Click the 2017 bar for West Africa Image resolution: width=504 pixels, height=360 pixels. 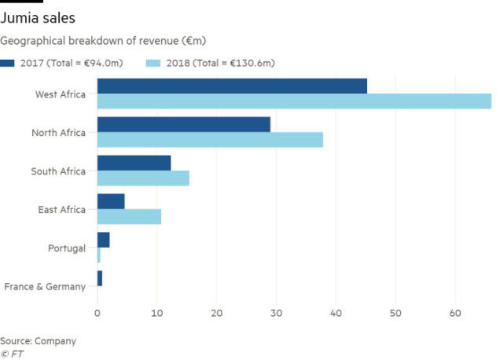pos(232,86)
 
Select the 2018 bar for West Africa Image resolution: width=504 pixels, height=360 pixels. pos(293,101)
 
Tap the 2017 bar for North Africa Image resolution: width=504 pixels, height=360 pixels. pos(183,124)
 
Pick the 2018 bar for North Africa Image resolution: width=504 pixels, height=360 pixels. pos(210,139)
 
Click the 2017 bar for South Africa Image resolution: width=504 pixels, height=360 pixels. pos(134,163)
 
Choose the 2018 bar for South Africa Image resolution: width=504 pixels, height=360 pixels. pos(143,178)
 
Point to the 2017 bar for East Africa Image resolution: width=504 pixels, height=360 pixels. pos(111,201)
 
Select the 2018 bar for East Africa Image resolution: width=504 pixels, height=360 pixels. pos(129,216)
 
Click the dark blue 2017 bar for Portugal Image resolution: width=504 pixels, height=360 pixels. pos(103,240)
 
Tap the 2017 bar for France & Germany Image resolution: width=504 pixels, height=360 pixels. pos(100,278)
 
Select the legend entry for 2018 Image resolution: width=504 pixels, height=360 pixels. pos(212,63)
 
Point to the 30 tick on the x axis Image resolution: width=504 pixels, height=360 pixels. pos(276,312)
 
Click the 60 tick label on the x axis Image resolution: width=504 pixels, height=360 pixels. pos(455,312)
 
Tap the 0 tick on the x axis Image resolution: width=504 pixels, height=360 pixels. pos(97,312)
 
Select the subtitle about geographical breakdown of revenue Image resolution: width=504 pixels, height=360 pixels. pos(103,40)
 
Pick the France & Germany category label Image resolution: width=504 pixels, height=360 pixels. pos(44,287)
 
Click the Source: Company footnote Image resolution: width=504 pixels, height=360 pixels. pos(38,340)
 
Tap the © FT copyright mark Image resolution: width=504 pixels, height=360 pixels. pos(13,353)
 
